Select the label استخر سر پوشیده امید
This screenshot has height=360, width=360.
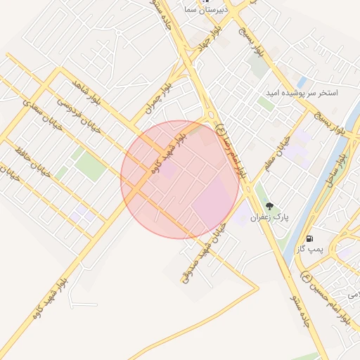tap(302, 93)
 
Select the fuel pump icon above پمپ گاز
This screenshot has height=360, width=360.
tap(309, 237)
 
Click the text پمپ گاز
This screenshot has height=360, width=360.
tap(309, 249)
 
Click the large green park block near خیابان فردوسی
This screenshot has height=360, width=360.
tap(89, 166)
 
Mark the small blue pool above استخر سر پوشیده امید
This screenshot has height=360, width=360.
tap(302, 82)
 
